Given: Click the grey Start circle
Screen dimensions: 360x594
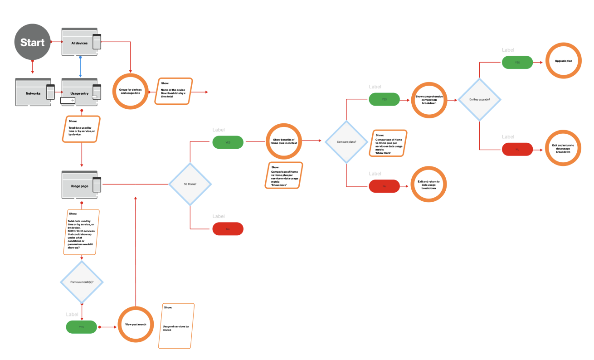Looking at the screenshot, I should point(32,43).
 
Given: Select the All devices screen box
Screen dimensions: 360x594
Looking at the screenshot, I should point(79,43).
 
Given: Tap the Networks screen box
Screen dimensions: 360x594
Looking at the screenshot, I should point(33,93).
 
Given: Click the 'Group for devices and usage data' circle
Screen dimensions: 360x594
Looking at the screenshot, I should point(130,91).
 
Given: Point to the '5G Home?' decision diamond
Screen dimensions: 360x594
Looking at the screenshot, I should point(190,184).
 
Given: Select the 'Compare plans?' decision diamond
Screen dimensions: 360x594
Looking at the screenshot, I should point(346,142).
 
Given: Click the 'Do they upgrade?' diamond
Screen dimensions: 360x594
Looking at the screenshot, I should point(479,99).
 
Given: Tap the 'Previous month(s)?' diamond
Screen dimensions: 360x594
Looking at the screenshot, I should point(82,282).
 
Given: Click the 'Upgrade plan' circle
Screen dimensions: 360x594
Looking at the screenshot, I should point(563,60).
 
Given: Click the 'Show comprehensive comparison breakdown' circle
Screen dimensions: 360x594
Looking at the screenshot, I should point(428,100).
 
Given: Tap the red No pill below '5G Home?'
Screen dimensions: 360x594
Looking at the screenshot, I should point(228,229).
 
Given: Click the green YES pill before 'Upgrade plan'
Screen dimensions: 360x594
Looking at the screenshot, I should point(517,62).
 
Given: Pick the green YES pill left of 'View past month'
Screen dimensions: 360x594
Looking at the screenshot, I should point(81,327).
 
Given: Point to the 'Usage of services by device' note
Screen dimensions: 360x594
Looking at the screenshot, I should point(176,326).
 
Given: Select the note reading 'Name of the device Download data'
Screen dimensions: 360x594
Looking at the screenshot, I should point(173,91).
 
